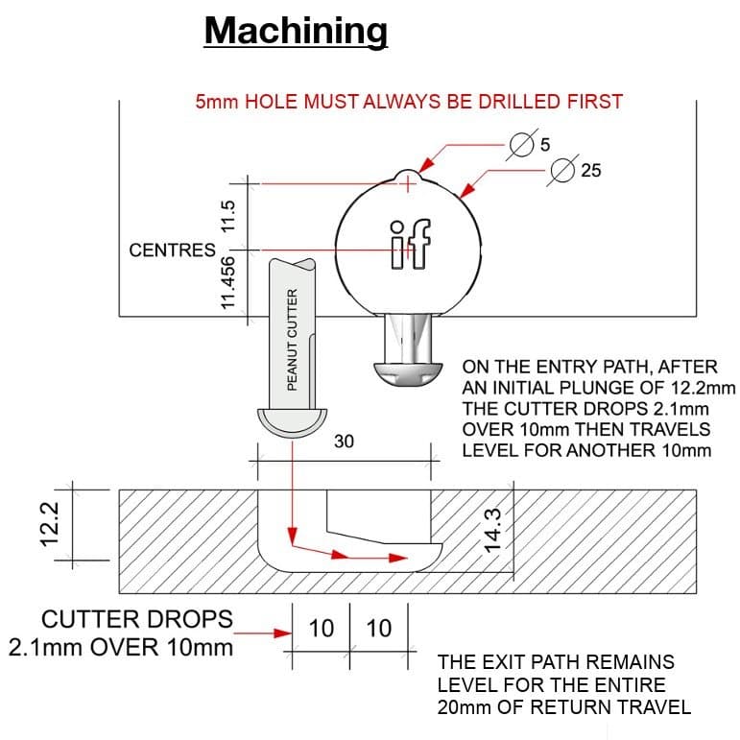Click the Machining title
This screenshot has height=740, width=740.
296,31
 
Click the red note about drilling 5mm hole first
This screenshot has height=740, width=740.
409,101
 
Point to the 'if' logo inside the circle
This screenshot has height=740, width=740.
410,244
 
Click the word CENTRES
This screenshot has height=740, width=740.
172,251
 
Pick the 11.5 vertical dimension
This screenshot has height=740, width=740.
228,214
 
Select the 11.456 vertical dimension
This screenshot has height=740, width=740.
228,282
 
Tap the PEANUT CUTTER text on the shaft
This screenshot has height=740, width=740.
293,338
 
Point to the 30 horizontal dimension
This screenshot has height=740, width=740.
345,442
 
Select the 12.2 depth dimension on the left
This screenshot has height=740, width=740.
53,525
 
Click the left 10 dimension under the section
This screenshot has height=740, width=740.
322,629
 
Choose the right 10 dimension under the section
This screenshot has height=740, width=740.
379,629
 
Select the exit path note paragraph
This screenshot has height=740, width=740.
563,684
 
